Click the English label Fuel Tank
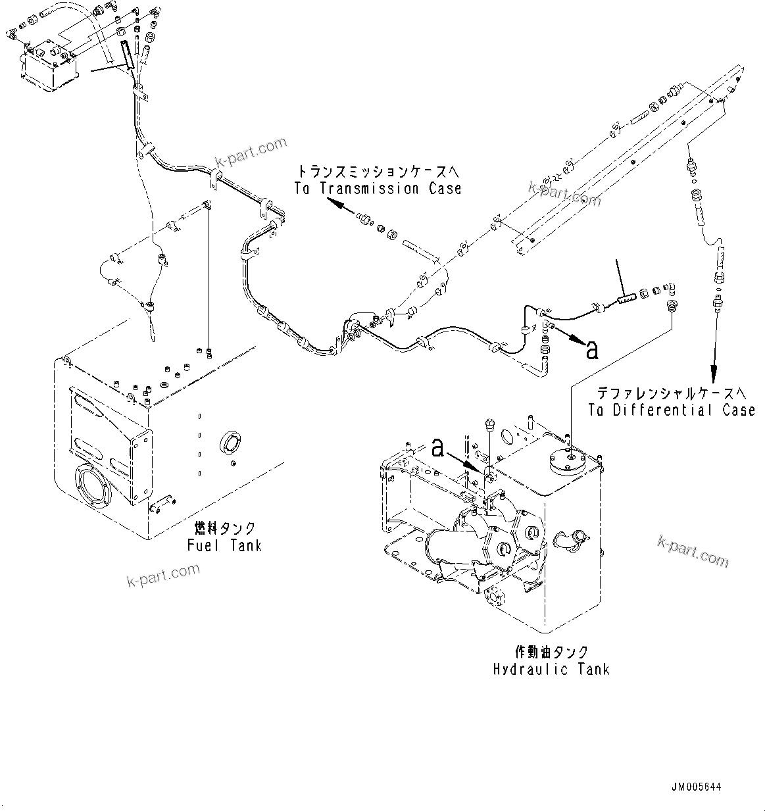224,545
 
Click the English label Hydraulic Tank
551,669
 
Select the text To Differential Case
671,410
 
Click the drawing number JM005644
697,787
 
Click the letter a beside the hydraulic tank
439,449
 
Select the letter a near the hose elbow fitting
592,350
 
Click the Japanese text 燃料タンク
225,528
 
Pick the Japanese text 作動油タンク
551,652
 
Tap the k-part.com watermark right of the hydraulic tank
693,550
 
